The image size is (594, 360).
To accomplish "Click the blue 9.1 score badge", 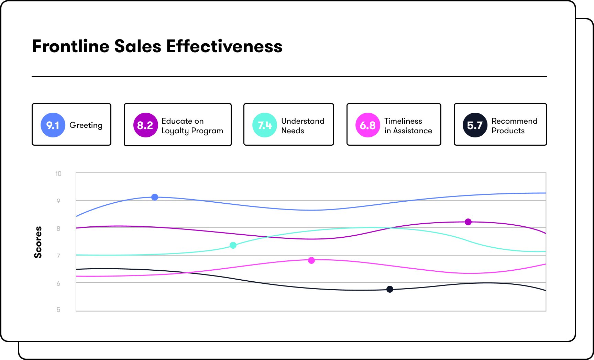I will coord(53,125).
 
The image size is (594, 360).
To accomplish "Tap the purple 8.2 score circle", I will coord(145,125).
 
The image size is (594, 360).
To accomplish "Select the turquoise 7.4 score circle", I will coord(265,125).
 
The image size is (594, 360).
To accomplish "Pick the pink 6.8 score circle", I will coord(368,125).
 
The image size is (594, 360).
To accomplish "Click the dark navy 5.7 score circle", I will coord(475,125).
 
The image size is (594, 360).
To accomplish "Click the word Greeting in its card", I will coord(86,125).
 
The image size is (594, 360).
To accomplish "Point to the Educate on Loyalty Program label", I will coord(192,126).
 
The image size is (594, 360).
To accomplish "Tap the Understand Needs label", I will coord(302,126).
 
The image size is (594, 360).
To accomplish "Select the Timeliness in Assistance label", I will coord(408,126).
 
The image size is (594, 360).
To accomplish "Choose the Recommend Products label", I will coord(514,126).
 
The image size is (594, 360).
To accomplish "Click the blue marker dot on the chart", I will coord(155,197).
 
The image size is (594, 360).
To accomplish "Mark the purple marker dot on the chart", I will coord(468,222).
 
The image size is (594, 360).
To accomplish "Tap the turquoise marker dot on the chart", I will coord(233,245).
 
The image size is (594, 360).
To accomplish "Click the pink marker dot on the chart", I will coord(311,260).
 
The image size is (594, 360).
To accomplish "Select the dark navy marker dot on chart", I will coord(390,289).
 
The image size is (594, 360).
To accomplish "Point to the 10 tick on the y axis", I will coord(58,174).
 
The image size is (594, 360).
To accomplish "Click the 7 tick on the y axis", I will coord(58,256).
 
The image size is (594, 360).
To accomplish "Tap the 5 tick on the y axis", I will coord(58,310).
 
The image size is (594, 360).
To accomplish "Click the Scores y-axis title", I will coord(38,242).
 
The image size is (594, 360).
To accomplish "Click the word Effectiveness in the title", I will coord(224,46).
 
